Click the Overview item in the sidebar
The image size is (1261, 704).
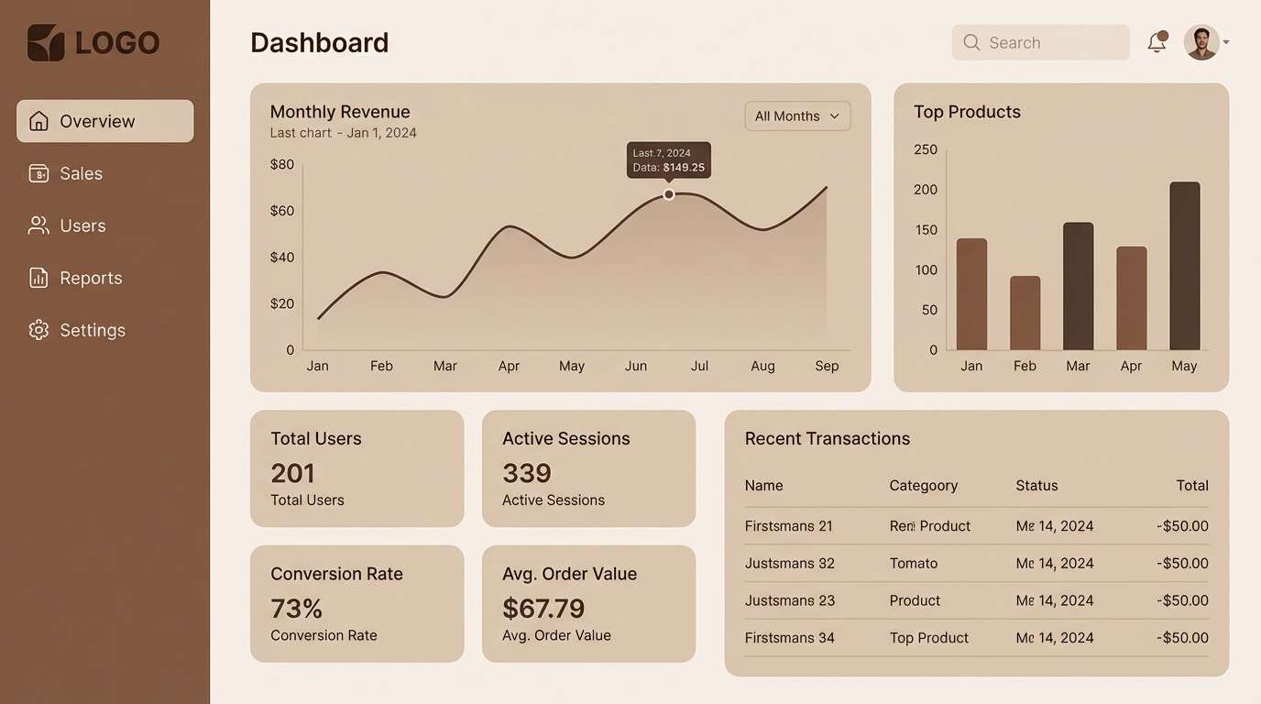(104, 121)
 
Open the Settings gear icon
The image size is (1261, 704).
(38, 330)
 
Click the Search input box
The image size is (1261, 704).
(1040, 42)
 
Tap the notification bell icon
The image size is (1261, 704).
(1157, 42)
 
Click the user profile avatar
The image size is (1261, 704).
(1201, 42)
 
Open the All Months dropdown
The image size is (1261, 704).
(797, 116)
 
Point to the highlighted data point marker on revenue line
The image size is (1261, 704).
(669, 194)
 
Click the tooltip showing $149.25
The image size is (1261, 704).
(669, 160)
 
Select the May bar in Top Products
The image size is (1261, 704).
(1184, 266)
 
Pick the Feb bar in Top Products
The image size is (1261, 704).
(1025, 313)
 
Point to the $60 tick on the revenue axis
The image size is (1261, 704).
(282, 211)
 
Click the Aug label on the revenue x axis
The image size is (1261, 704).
(762, 366)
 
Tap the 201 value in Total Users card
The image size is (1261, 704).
(293, 473)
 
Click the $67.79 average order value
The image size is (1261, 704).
(543, 609)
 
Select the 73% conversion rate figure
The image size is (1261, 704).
(297, 609)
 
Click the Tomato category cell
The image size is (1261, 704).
(913, 563)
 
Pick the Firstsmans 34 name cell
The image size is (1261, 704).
(789, 638)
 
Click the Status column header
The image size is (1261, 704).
(1036, 486)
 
